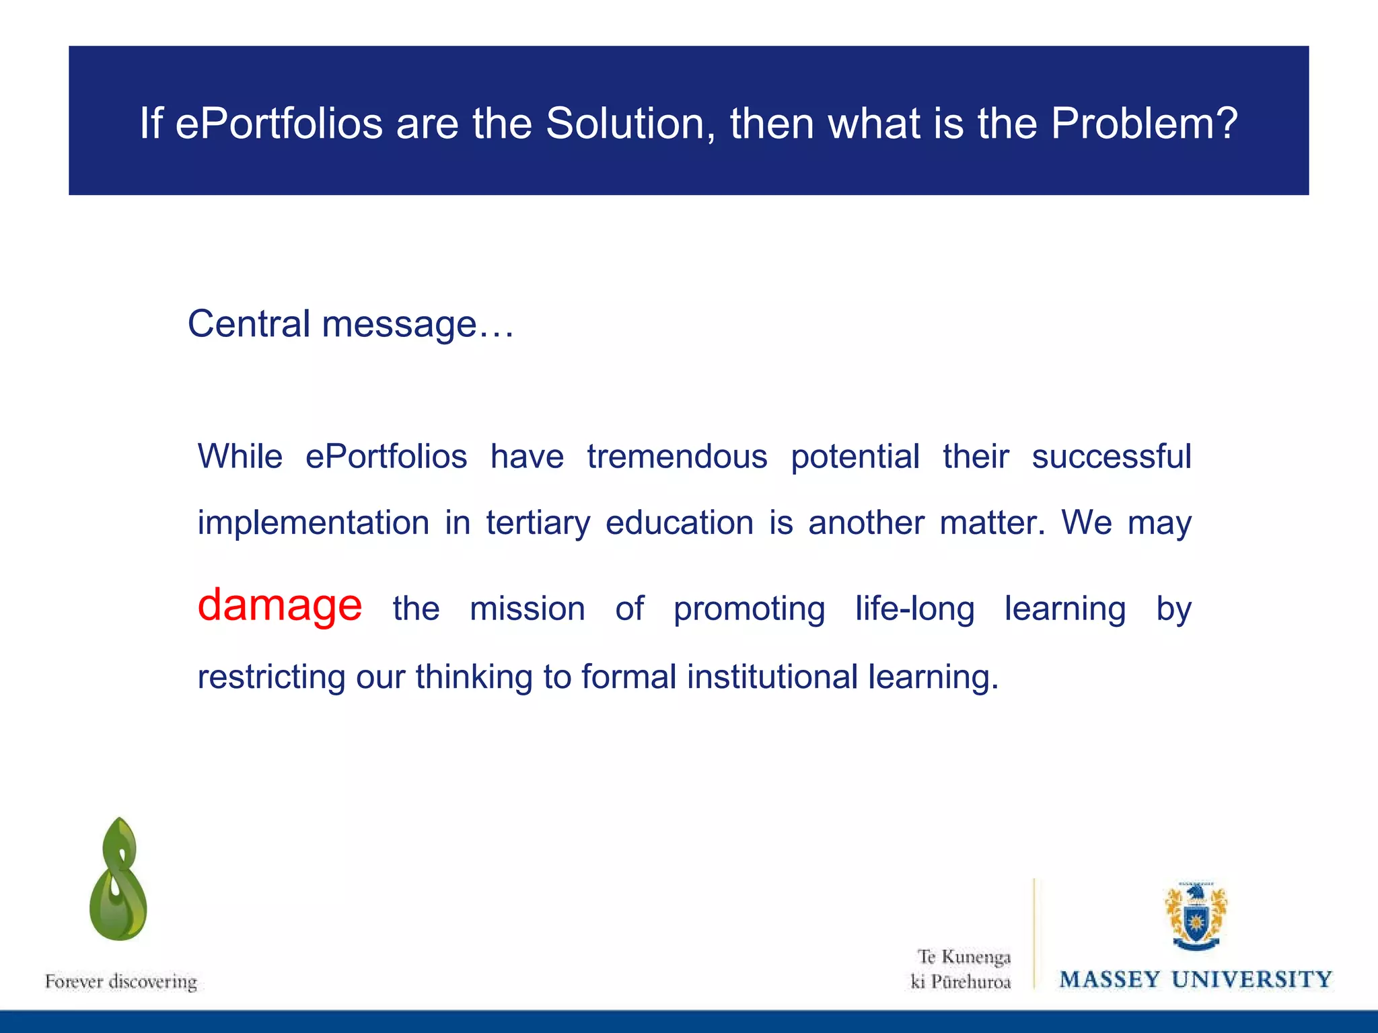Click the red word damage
coord(279,605)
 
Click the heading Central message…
coord(350,324)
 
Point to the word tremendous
coord(677,457)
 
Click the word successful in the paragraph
coord(1112,457)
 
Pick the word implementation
coord(313,523)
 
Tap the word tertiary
coord(538,523)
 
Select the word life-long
coord(914,609)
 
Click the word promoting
coord(749,609)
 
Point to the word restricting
coord(270,677)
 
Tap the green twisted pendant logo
coord(118,880)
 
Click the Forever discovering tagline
coord(121,981)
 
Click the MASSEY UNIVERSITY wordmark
coord(1196,979)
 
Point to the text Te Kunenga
coord(964,956)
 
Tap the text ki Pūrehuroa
coord(960,982)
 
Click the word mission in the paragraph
coord(528,609)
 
